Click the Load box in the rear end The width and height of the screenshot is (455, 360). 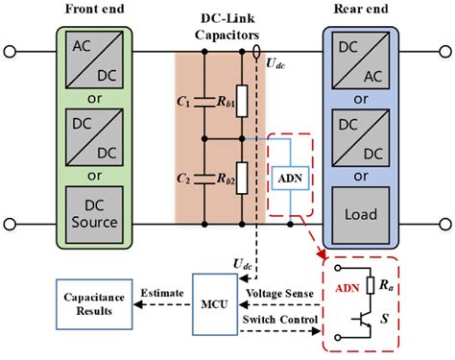[x=358, y=212]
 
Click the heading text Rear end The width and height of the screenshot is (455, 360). [x=357, y=9]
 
